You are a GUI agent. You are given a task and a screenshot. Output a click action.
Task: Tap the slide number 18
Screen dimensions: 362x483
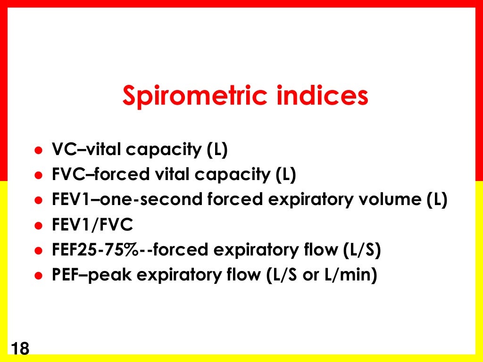click(x=19, y=349)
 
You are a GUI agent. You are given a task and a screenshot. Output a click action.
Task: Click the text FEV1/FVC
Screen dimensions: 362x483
click(x=92, y=226)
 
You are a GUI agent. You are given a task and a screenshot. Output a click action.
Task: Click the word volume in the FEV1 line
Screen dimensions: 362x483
click(x=396, y=200)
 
